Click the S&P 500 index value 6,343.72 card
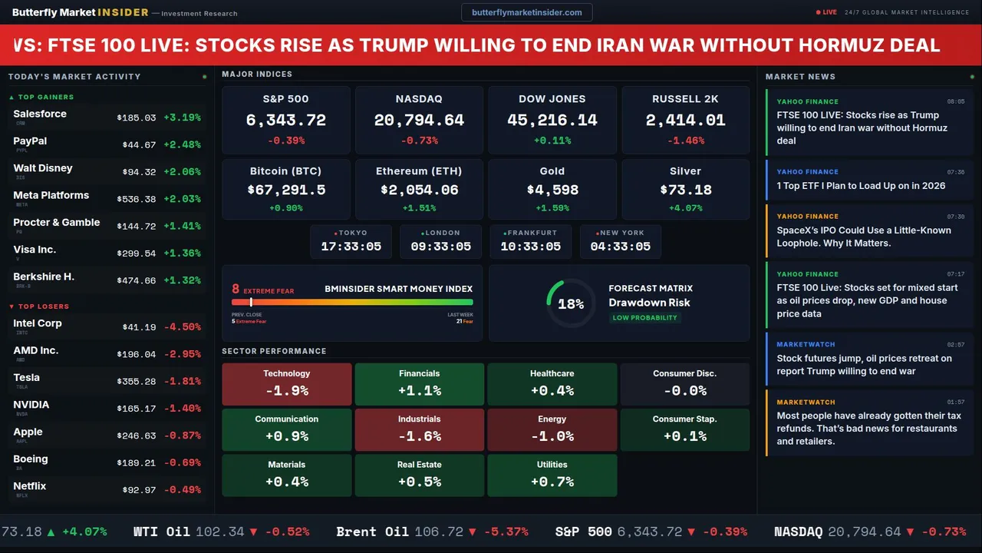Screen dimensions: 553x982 (x=285, y=120)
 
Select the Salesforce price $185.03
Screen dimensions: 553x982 (x=136, y=118)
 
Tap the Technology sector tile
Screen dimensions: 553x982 (x=286, y=383)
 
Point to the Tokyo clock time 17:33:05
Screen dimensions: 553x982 (x=351, y=247)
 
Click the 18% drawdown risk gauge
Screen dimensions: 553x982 (x=571, y=303)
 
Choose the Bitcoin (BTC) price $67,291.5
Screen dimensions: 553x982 (x=285, y=190)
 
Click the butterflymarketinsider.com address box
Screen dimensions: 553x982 (x=526, y=12)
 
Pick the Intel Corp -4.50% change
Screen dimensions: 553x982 (x=185, y=327)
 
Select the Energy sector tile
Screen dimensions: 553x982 (x=552, y=429)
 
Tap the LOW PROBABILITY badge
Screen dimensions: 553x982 (x=644, y=317)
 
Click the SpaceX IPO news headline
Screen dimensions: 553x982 (x=863, y=237)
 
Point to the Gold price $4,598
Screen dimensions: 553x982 (x=552, y=190)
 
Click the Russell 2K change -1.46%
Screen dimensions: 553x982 (x=685, y=141)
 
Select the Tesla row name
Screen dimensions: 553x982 (x=26, y=377)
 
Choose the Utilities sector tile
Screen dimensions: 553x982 (x=552, y=475)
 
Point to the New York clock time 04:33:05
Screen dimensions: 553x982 (x=620, y=247)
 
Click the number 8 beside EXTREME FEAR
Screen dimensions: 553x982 (x=236, y=290)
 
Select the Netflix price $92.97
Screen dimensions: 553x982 (x=139, y=490)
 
